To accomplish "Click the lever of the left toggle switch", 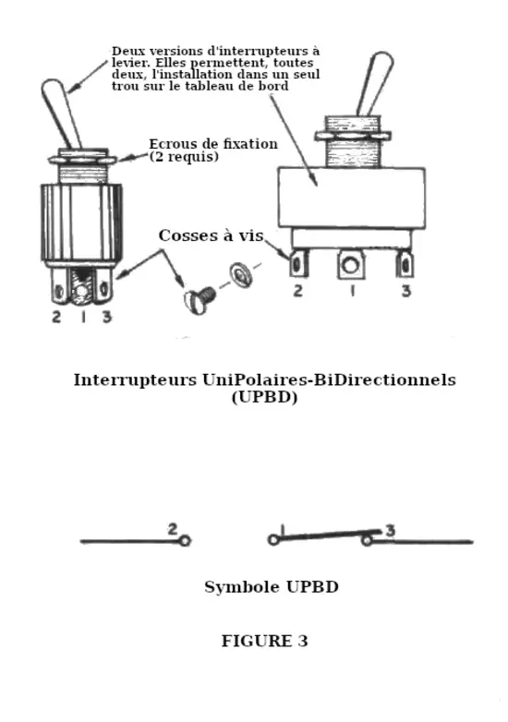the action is coord(61,113).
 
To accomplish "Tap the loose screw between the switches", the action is coord(199,300).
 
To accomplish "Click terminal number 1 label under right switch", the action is coord(352,292).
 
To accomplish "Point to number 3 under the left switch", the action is coord(107,317).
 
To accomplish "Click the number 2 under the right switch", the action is coord(298,291).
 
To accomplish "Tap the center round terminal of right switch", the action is coord(351,265).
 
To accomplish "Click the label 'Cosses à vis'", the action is coord(211,235).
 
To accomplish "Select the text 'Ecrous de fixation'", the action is coord(213,144).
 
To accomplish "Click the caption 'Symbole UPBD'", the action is coord(272,587).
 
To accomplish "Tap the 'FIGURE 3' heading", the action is coord(264,641).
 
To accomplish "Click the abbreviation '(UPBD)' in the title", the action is coord(264,397).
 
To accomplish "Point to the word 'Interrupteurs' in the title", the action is coord(135,380).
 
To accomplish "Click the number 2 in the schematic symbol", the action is coord(172,530).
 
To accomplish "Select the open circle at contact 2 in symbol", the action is coord(185,541).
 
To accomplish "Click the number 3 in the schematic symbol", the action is coord(390,531).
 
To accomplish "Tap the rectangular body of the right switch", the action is coord(351,198).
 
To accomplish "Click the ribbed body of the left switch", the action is coord(81,223).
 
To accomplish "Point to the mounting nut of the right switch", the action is coord(353,136).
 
